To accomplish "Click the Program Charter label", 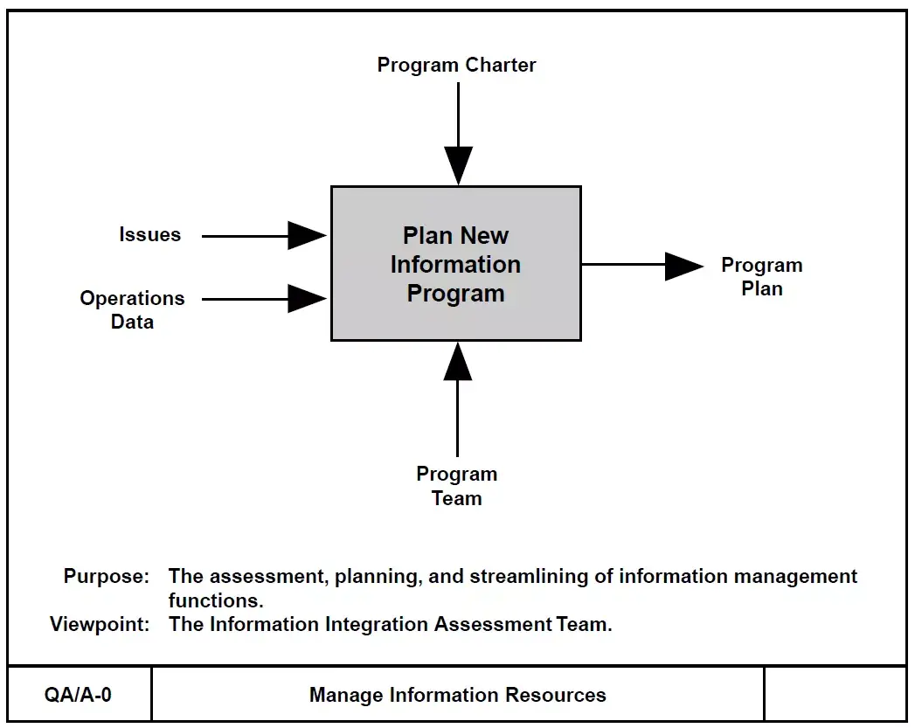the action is coord(456,65).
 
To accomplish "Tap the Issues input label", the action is coord(150,234).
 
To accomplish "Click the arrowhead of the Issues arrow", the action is coord(307,235).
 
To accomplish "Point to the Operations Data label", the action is coord(132,309).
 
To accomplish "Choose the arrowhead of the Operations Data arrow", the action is coord(307,298).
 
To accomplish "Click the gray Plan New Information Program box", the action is coord(455,264).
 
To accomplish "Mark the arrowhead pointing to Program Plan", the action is coord(683,266).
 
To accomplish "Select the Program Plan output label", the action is coord(761,276).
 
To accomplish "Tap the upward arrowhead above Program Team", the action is coord(457,362).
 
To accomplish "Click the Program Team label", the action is coord(457,486).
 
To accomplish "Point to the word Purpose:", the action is coord(107,577).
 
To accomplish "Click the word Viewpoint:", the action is coord(100,625).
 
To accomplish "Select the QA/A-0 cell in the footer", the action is coord(79,696).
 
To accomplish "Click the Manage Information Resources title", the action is coord(457,696).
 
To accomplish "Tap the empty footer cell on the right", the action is coord(835,696).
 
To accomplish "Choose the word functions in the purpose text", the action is coord(216,601).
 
